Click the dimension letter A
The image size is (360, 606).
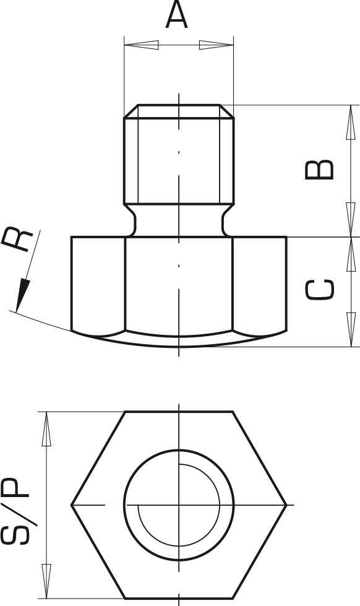176,14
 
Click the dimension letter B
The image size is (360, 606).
319,170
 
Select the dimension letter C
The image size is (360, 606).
319,289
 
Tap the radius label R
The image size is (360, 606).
17,240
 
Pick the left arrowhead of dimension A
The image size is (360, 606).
142,45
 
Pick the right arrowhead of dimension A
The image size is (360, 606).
216,45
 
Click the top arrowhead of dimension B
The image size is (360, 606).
351,122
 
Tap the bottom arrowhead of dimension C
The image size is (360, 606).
351,329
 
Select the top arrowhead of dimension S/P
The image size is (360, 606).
46,429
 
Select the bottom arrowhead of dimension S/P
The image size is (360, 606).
46,581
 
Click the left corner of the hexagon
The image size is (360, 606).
72,504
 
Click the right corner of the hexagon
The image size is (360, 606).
286,504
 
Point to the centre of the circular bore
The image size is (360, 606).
179,504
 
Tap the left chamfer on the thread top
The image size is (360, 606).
131,111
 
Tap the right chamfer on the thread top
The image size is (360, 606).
227,111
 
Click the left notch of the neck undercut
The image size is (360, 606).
130,220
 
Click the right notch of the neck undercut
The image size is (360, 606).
228,220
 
